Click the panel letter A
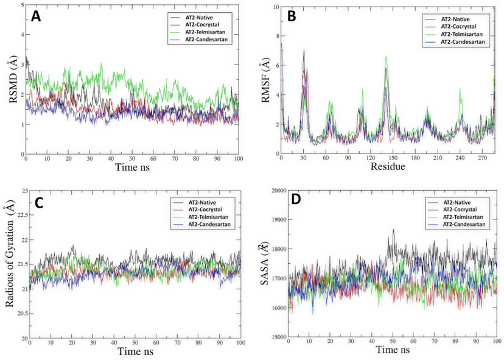pos(37,18)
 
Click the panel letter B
pos(292,18)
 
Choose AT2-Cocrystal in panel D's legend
pos(461,210)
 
